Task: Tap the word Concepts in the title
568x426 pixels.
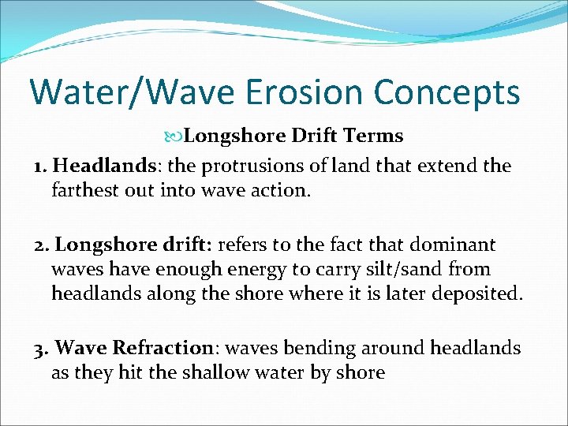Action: point(447,92)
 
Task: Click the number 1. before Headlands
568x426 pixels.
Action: point(42,166)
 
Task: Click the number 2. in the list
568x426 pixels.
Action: point(43,245)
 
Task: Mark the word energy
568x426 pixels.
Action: point(256,269)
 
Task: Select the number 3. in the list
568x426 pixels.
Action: point(43,348)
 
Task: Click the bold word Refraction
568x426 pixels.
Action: point(163,348)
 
